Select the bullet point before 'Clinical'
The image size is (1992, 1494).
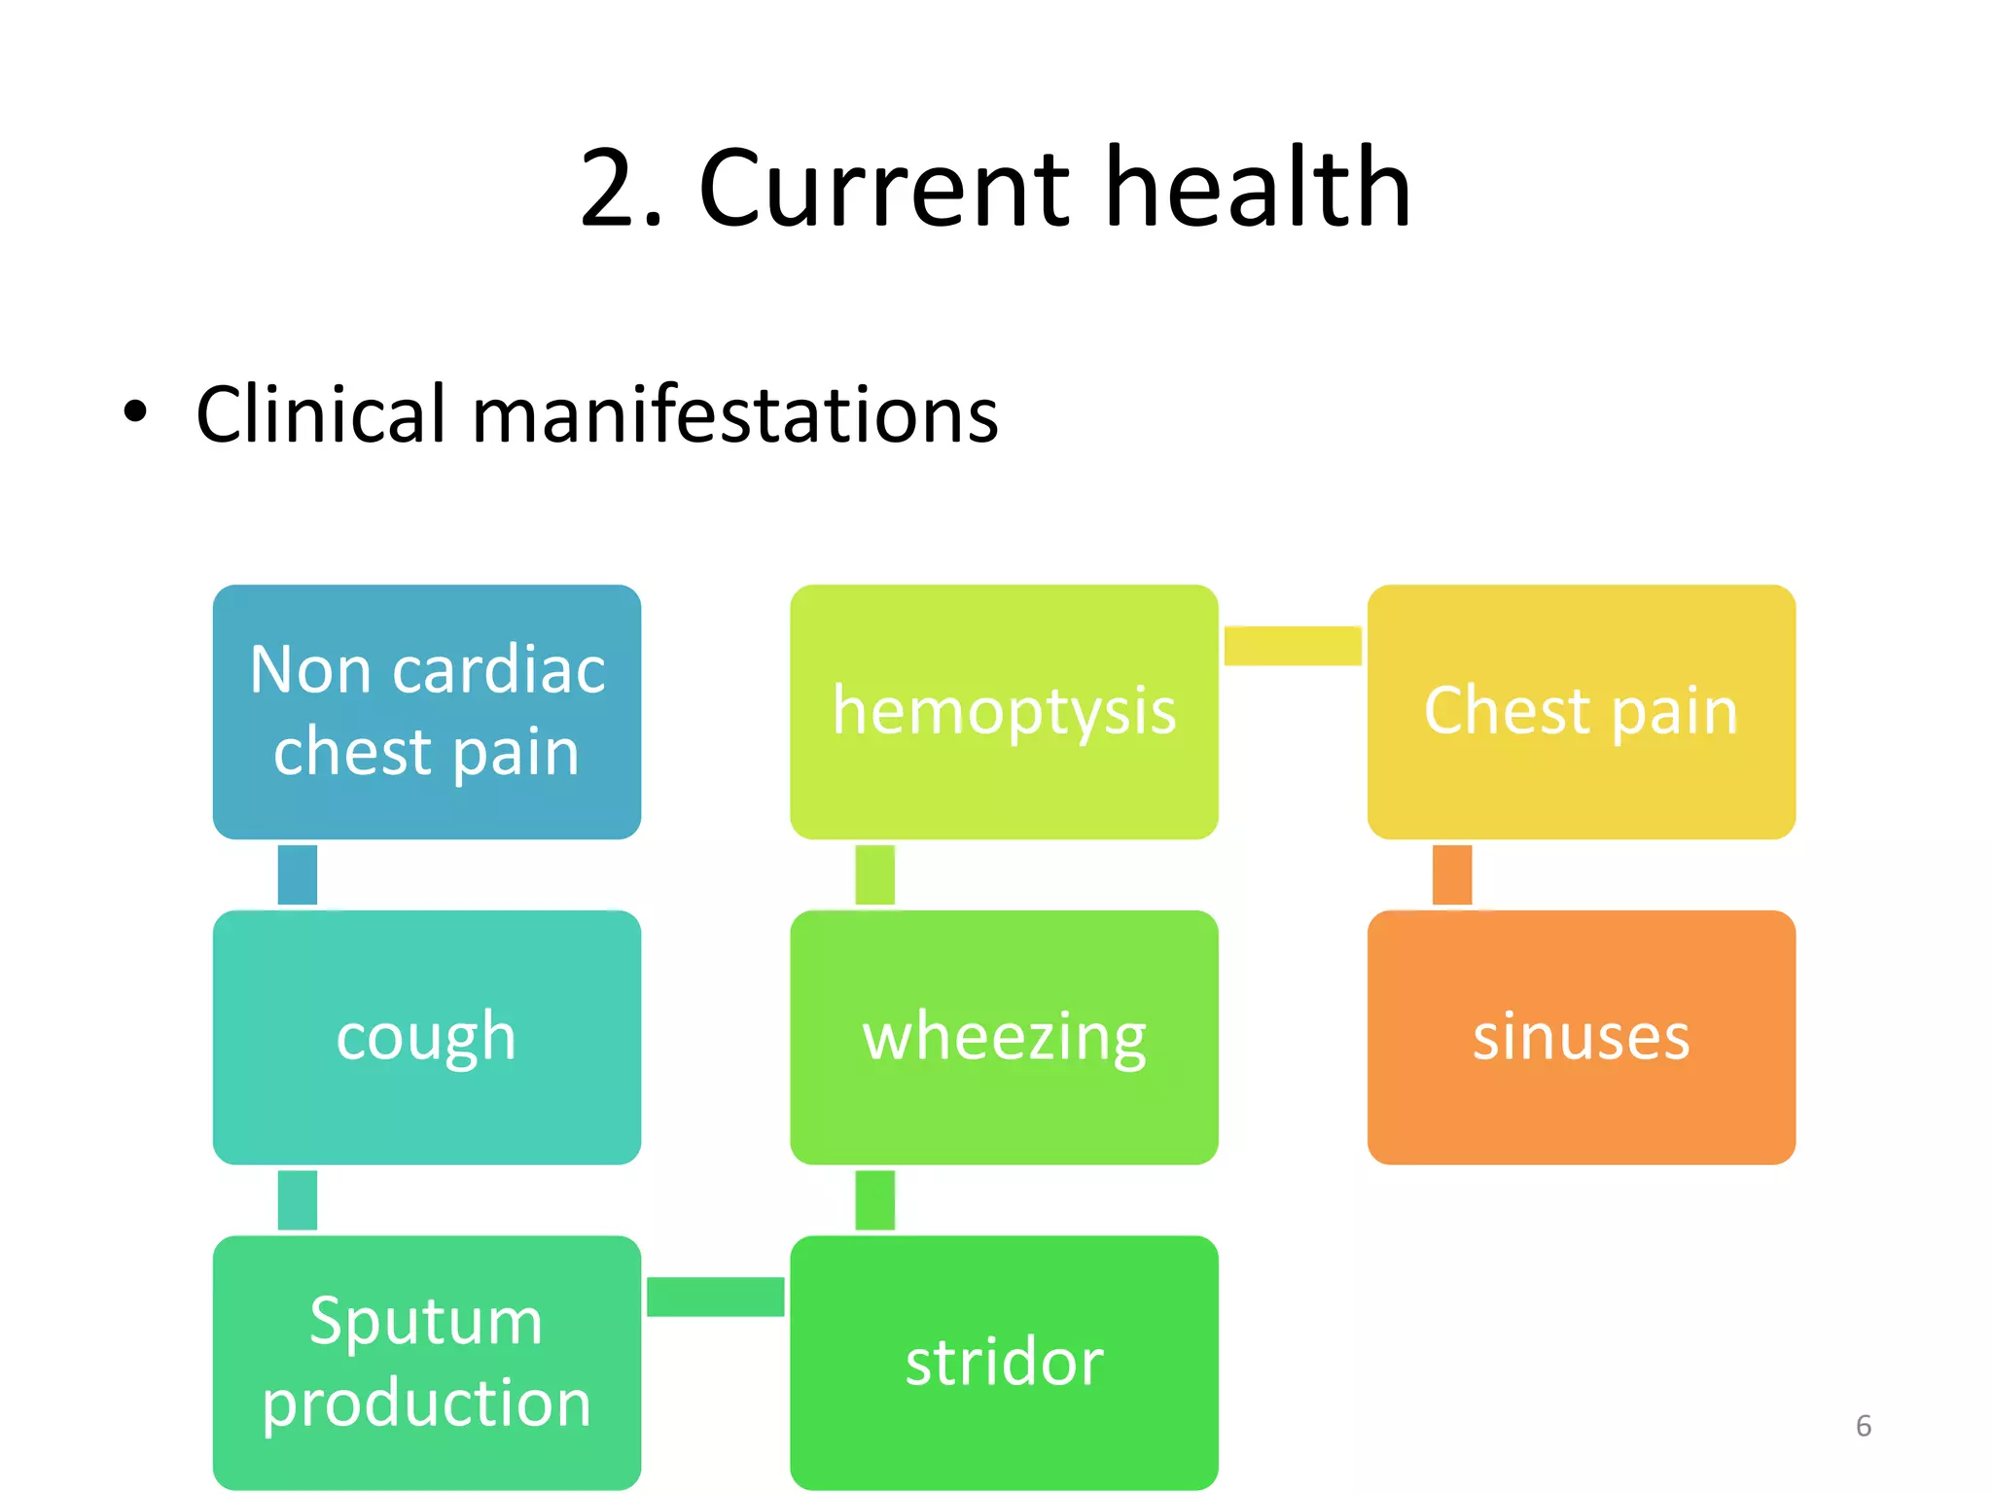point(135,411)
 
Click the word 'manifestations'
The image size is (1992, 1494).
point(734,414)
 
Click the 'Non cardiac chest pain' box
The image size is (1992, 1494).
point(427,711)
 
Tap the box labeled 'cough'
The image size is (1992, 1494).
point(427,1037)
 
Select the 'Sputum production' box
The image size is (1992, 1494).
point(427,1362)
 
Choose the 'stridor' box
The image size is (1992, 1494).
point(1004,1362)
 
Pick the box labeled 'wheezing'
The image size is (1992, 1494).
point(1004,1037)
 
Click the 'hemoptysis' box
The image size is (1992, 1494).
point(1004,711)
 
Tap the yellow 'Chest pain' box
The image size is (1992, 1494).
point(1581,711)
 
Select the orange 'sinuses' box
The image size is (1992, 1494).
point(1581,1037)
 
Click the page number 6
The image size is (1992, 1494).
point(1863,1426)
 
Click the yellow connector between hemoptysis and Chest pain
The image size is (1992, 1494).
point(1292,646)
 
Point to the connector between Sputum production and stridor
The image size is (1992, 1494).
point(715,1297)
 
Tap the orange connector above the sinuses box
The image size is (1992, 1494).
point(1451,874)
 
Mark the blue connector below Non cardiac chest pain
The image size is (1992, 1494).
point(298,874)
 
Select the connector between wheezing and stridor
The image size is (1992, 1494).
point(874,1199)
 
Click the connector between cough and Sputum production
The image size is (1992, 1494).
point(298,1199)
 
